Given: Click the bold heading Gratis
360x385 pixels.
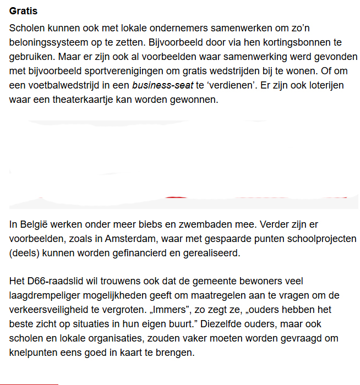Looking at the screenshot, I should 24,10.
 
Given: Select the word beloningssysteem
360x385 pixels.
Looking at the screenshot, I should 46,42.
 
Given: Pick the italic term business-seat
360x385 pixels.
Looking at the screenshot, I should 162,85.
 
